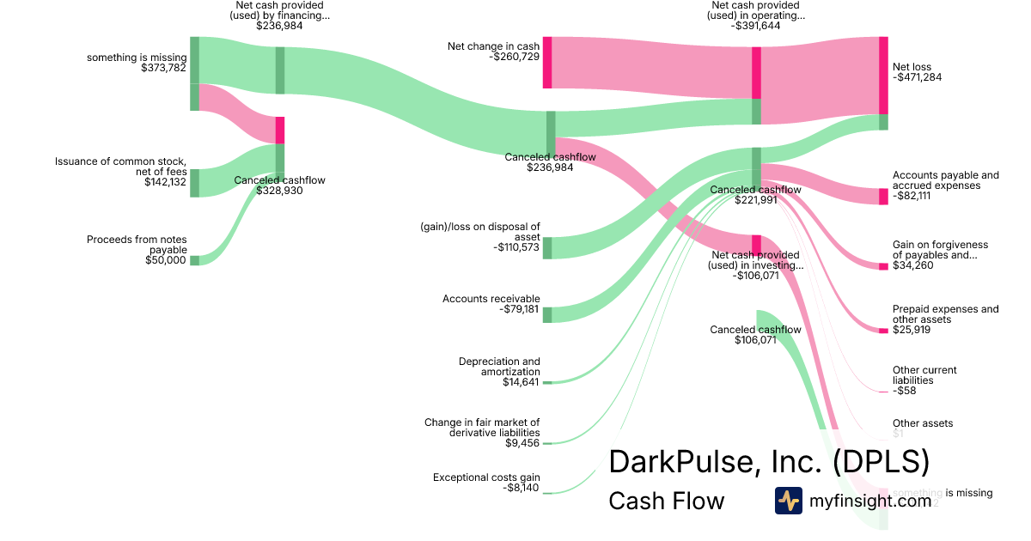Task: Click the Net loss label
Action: pos(912,67)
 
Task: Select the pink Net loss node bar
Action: pos(883,75)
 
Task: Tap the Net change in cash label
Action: pos(493,46)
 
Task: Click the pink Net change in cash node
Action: pos(546,62)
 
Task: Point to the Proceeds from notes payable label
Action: pos(137,245)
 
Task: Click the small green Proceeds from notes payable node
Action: pos(194,260)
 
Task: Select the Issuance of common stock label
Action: pos(120,166)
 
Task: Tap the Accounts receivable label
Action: pos(491,299)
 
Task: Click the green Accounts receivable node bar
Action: pos(546,314)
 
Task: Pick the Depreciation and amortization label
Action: pos(499,367)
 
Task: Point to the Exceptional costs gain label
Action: pos(486,477)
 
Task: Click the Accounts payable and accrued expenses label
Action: pos(945,180)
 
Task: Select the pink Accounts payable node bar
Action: pos(883,197)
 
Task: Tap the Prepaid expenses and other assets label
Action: pos(945,314)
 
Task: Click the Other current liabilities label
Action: pos(924,375)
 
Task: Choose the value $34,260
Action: pos(912,265)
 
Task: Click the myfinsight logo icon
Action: pos(788,501)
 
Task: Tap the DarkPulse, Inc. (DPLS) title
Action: pos(769,461)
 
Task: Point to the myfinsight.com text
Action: pos(870,501)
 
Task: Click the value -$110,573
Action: pos(516,247)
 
